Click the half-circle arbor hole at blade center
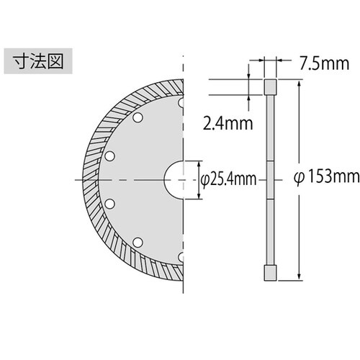175,178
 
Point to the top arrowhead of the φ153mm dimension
298,83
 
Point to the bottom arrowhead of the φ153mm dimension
298,278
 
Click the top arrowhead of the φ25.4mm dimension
199,163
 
